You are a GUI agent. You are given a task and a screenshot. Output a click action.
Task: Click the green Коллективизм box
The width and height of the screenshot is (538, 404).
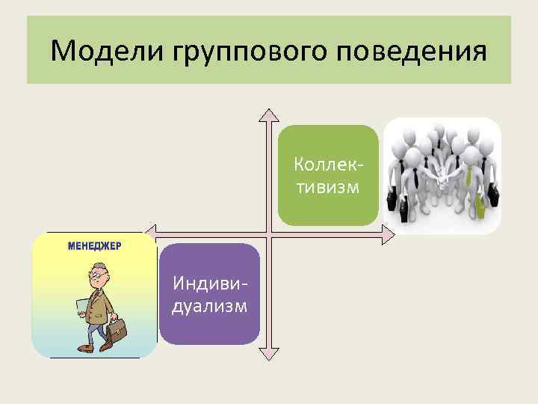click(x=328, y=175)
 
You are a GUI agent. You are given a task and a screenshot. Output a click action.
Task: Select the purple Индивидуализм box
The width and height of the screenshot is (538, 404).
click(x=210, y=294)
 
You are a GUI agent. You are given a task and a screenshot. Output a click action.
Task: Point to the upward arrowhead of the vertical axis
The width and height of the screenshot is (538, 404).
click(x=268, y=114)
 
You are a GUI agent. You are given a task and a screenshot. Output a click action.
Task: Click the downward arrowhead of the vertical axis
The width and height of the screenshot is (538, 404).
click(x=268, y=352)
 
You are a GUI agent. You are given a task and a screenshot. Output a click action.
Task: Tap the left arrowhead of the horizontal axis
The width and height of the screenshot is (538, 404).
click(x=152, y=233)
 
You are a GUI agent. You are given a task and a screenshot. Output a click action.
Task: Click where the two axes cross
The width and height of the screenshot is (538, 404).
click(x=268, y=233)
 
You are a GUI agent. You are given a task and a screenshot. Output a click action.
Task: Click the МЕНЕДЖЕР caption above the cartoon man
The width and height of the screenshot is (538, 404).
click(x=95, y=245)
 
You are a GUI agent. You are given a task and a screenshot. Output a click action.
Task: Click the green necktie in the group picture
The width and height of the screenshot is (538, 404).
click(x=469, y=178)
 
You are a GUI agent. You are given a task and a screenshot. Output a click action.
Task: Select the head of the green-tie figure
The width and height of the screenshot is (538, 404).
click(x=469, y=154)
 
